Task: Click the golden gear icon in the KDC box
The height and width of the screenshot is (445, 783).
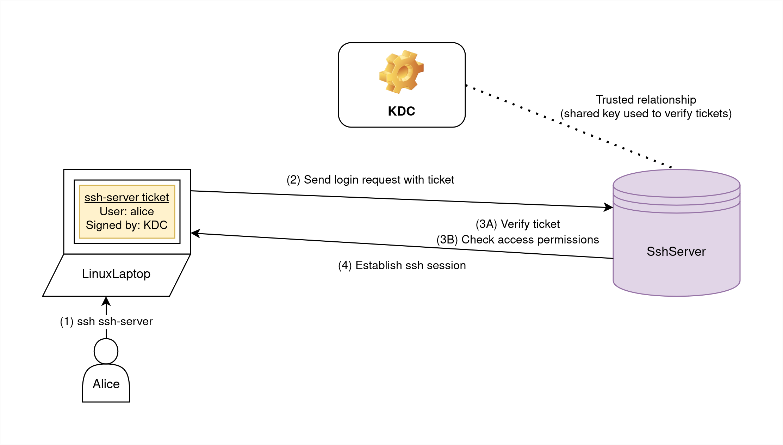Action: (x=401, y=72)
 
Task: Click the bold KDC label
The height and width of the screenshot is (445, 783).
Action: (x=401, y=111)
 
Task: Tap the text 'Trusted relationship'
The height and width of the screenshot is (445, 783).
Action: (x=646, y=100)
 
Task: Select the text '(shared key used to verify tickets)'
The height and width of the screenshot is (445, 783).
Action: (x=646, y=113)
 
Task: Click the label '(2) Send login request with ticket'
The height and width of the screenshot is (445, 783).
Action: (x=370, y=180)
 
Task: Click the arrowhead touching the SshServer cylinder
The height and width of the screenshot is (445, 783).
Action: (x=608, y=207)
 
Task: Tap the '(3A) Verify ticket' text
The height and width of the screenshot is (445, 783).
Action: (x=517, y=224)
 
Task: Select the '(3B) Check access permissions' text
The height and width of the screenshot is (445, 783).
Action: (x=517, y=240)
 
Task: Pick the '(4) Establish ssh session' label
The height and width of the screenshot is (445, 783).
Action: (x=402, y=265)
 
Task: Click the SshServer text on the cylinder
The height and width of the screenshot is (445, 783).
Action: (x=676, y=252)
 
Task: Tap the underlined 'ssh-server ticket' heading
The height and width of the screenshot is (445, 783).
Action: (x=127, y=197)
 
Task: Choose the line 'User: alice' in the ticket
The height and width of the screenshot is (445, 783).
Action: (x=127, y=211)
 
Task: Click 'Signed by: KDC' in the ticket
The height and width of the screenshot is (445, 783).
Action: (x=127, y=225)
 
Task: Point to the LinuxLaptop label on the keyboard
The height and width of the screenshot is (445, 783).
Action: (x=116, y=274)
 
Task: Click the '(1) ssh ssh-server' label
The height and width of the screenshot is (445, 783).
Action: (x=106, y=321)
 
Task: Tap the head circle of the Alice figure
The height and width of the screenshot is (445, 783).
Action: (x=106, y=351)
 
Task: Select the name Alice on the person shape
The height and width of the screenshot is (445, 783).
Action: (x=106, y=384)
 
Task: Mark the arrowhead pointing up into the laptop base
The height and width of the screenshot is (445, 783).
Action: (x=106, y=301)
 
